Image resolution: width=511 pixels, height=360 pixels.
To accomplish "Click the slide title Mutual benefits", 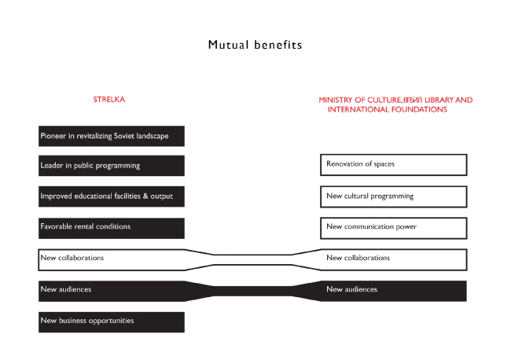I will [255, 45].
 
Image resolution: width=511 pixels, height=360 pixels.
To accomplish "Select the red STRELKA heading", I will [109, 100].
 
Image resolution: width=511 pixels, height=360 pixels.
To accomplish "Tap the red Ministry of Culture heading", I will [395, 105].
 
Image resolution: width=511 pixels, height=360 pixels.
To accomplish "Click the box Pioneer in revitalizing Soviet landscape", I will [111, 135].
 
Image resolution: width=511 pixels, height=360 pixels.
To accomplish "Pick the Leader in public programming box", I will [111, 165].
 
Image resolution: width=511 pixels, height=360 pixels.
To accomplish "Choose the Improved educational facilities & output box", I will [111, 196].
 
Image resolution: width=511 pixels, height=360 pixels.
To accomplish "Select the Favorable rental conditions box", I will [111, 227].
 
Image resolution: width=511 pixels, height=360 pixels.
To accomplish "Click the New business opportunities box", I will [111, 321].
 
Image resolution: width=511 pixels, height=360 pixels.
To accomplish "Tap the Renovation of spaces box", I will [393, 164].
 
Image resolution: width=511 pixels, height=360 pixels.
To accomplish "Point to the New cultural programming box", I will [393, 196].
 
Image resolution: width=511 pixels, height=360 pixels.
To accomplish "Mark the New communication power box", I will [393, 227].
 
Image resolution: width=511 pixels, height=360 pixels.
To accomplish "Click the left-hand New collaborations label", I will [72, 258].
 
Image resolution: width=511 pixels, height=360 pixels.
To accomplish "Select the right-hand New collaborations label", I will [358, 258].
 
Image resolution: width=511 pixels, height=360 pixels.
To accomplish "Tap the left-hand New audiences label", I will [66, 289].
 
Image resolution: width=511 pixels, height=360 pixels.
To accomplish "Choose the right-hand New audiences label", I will [351, 289].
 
